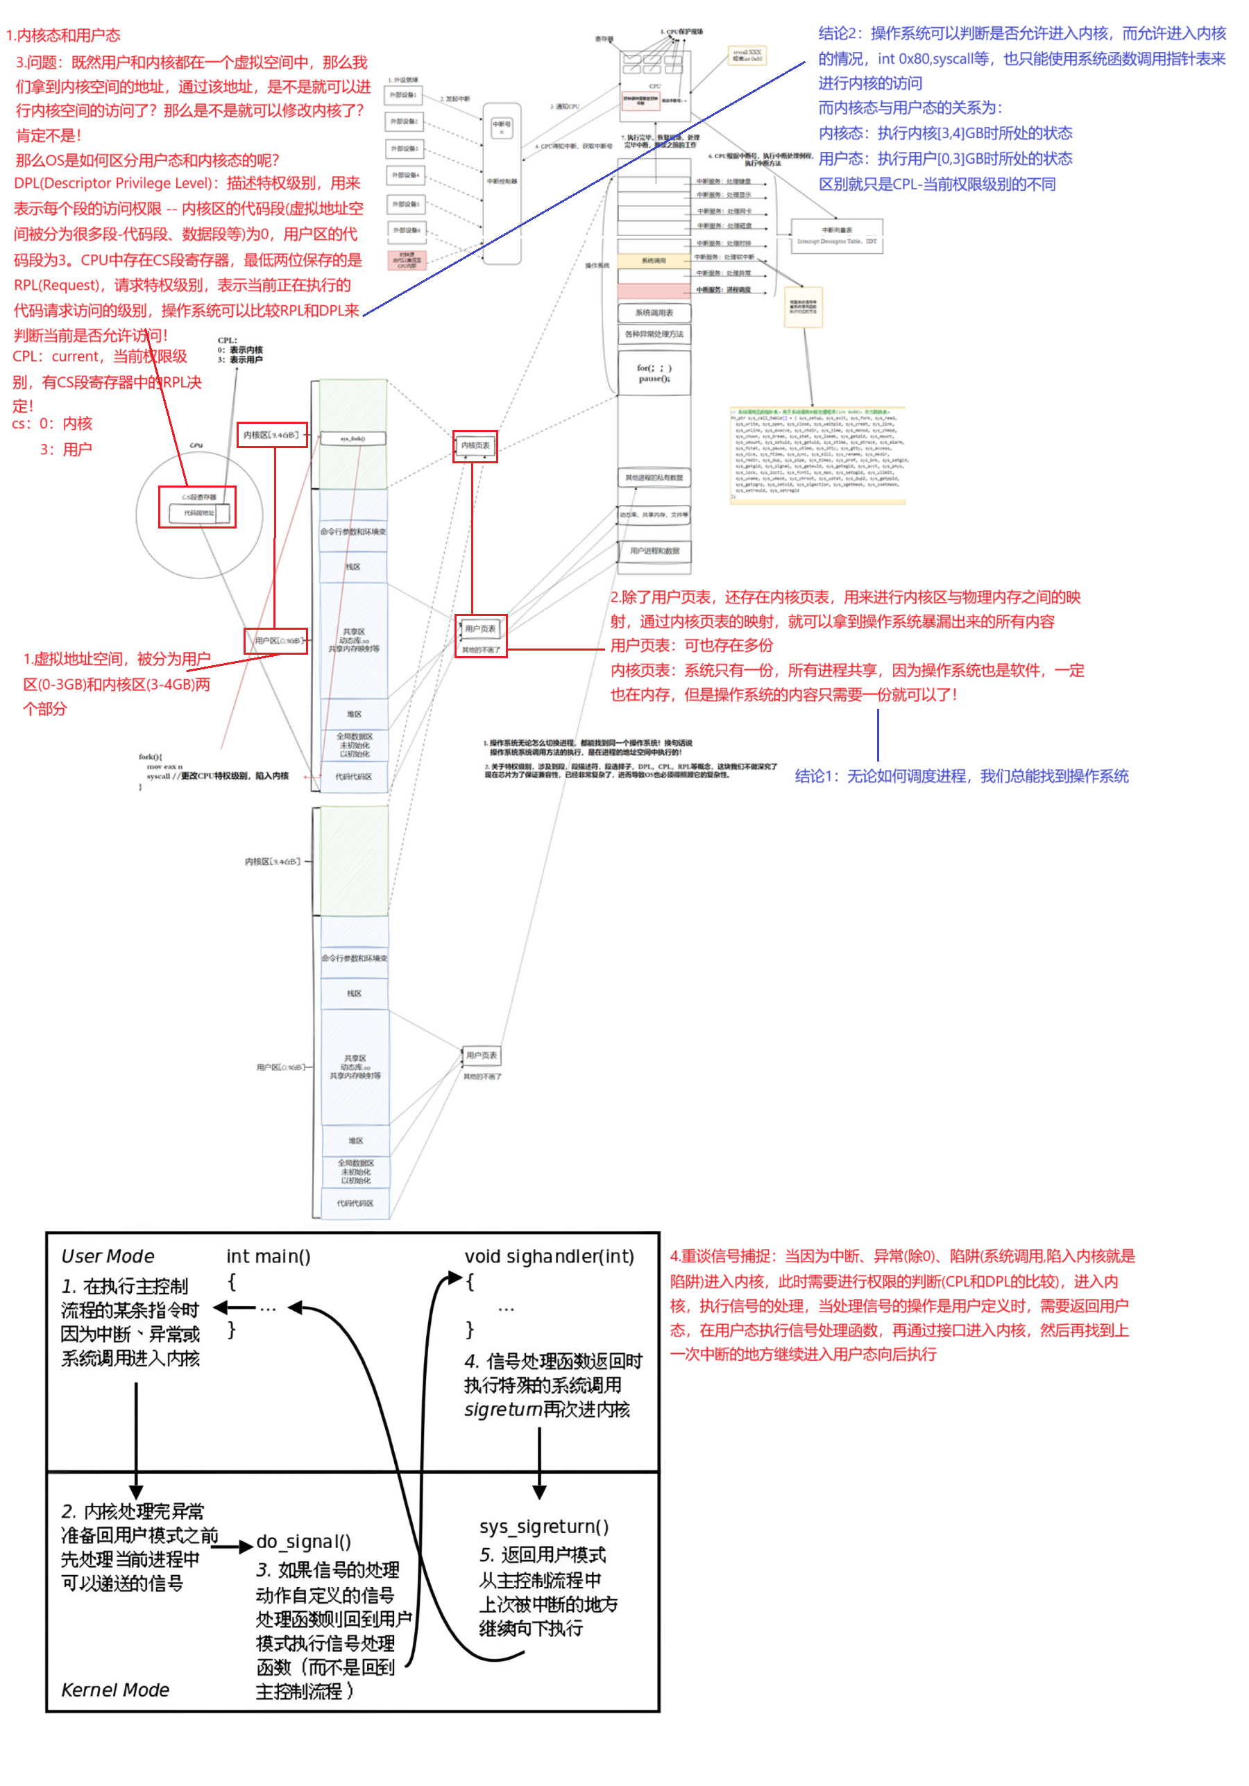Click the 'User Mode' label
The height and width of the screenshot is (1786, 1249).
(x=108, y=1255)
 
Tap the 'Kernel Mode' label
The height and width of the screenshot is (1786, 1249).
(x=115, y=1690)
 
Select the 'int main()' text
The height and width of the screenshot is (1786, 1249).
(x=268, y=1255)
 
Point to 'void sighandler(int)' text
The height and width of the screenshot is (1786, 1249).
(x=549, y=1255)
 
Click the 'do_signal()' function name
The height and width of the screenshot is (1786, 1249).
(x=303, y=1541)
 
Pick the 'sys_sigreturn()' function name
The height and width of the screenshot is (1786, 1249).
(x=543, y=1526)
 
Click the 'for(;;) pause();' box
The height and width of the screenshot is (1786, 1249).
(x=654, y=373)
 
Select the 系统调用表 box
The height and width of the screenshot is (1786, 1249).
(x=654, y=313)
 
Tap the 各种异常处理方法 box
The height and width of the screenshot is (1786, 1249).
(x=654, y=334)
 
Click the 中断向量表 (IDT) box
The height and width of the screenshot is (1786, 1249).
(x=837, y=235)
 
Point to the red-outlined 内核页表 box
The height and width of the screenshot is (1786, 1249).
(x=475, y=446)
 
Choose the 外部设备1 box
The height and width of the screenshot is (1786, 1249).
(x=404, y=95)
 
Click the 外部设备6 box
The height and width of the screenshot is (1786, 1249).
(x=405, y=230)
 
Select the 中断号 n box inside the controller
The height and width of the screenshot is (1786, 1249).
(x=501, y=127)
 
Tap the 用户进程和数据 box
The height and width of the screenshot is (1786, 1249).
(x=654, y=551)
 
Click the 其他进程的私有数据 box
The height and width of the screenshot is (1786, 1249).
(x=654, y=478)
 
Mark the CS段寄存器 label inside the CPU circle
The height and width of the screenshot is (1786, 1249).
(x=198, y=497)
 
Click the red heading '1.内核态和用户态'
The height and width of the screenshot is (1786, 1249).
(x=63, y=35)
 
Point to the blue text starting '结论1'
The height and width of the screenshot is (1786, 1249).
(x=960, y=775)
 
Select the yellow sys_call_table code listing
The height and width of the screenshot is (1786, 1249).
(x=817, y=455)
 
